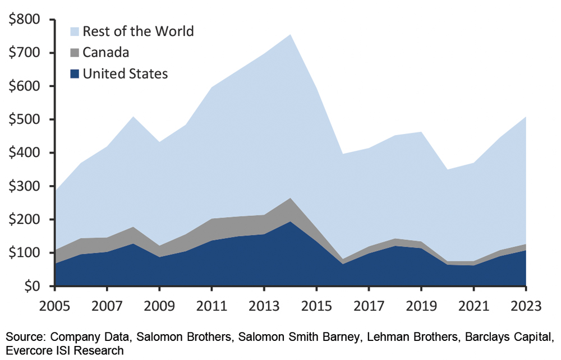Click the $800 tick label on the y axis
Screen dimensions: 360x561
(26, 20)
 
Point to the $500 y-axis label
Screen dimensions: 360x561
(26, 119)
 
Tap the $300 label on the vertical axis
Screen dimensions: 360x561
(26, 186)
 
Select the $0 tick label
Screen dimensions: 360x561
(35, 286)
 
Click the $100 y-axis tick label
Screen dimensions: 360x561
(26, 253)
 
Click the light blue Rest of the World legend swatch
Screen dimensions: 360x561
(74, 30)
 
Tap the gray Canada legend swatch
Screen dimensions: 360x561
(74, 52)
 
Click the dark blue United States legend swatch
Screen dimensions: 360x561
(74, 73)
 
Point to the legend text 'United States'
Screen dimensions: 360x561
(125, 73)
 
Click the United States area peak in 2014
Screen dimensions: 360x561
(291, 221)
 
